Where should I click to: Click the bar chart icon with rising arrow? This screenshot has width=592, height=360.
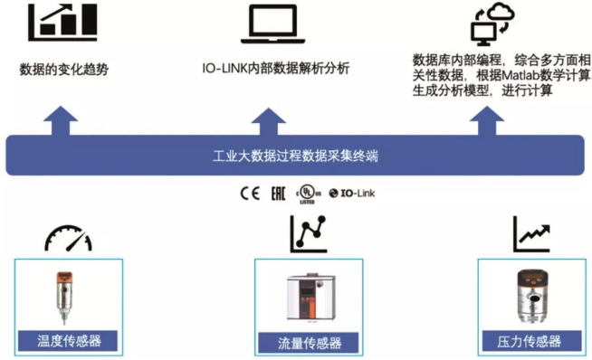pos(62,23)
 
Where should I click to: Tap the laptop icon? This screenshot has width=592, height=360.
pos(273,24)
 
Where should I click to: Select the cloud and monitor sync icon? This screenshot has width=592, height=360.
pos(492,24)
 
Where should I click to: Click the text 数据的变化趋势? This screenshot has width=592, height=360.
pos(63,70)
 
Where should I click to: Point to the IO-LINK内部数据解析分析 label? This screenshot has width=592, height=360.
pos(275,69)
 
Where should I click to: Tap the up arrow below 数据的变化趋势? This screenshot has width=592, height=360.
pos(61,121)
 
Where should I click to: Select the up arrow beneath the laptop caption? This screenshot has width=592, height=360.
pos(269,121)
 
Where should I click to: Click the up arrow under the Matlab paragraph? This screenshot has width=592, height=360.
pos(487,121)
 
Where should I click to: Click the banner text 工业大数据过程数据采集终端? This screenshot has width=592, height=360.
pos(295,156)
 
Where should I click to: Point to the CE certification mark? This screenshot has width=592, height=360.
pos(250,194)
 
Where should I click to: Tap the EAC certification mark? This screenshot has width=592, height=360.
pos(278,194)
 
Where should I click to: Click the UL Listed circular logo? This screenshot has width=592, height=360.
pos(308,194)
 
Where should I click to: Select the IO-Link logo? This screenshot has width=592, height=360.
pos(352,194)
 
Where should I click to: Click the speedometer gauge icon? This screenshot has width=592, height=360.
pos(68,238)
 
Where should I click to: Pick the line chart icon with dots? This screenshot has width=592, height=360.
pos(308,233)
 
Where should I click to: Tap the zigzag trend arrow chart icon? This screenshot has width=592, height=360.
pos(531,234)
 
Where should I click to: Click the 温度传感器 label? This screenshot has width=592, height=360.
pos(69,341)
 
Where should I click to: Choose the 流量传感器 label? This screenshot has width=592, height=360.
pos(310,343)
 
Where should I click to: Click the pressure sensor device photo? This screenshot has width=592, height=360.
pos(533,297)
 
